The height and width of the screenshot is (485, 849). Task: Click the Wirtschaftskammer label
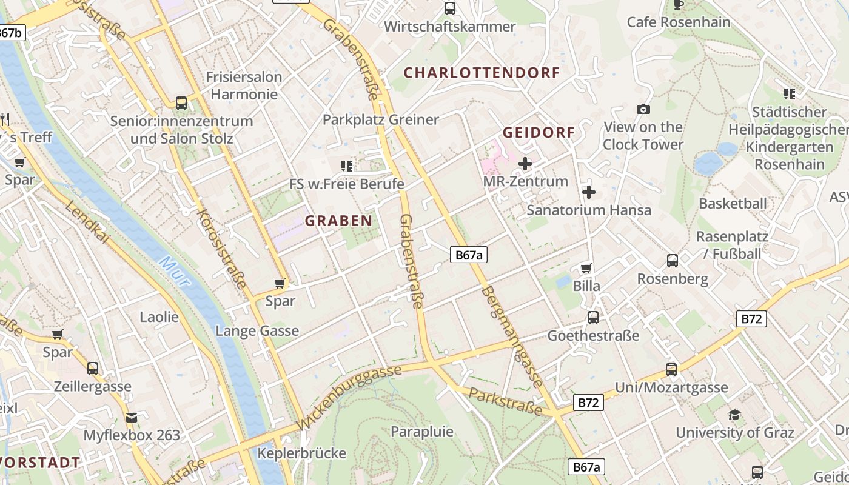click(449, 27)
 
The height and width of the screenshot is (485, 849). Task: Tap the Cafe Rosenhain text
click(679, 22)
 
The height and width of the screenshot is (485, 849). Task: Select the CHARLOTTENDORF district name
click(482, 73)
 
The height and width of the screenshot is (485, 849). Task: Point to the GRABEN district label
click(338, 221)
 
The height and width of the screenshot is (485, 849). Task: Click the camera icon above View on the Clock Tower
click(643, 109)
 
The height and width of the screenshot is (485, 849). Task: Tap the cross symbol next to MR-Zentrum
click(525, 164)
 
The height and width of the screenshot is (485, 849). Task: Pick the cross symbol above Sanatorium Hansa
click(588, 192)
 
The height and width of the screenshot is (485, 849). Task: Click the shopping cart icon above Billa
click(586, 268)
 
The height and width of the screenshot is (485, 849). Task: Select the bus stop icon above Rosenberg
click(672, 261)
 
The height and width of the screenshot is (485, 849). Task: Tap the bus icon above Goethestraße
click(592, 317)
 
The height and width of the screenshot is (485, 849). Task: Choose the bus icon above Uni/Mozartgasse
click(671, 369)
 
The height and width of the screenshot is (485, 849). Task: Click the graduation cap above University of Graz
click(734, 415)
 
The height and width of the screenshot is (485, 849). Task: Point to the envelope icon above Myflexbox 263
click(132, 417)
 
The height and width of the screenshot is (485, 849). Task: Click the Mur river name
click(175, 272)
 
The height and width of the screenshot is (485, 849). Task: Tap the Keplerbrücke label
click(301, 453)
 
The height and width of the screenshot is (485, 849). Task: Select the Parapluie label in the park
click(422, 431)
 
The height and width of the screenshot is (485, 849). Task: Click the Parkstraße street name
click(506, 402)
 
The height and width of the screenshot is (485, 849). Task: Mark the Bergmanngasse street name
click(512, 337)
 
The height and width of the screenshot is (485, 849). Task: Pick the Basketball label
click(733, 203)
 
